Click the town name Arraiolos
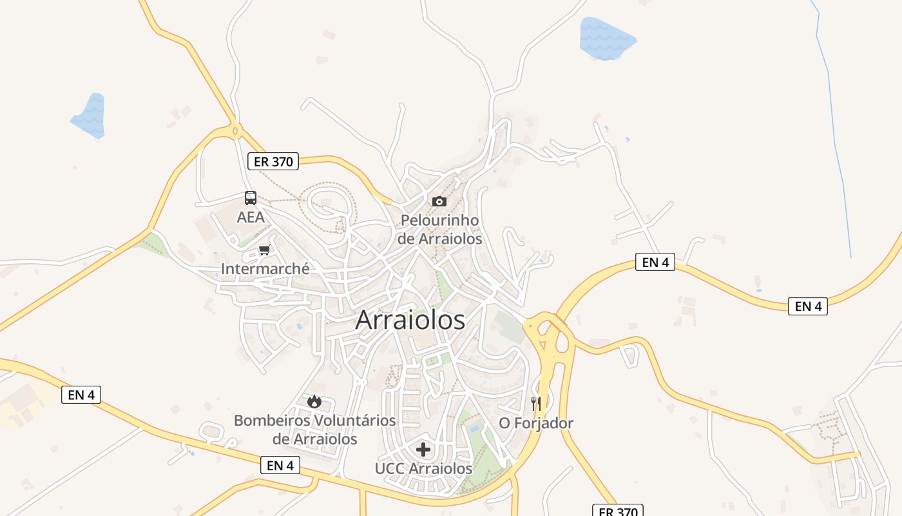[x=410, y=320]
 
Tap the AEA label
[x=251, y=217]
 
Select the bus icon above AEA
[x=251, y=198]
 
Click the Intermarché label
[x=265, y=268]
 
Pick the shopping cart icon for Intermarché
[x=264, y=250]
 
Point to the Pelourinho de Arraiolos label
[x=439, y=229]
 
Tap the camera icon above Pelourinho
[x=439, y=201]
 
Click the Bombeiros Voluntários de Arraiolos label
[x=314, y=430]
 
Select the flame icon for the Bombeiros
[x=314, y=402]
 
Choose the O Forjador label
[x=536, y=423]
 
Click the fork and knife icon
[x=536, y=404]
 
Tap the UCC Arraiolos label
[x=423, y=469]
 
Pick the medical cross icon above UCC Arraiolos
[x=423, y=450]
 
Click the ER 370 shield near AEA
[x=273, y=161]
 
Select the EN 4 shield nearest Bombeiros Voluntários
[x=280, y=465]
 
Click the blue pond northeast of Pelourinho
[x=606, y=37]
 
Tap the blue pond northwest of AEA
[x=90, y=115]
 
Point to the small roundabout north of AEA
[x=235, y=131]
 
